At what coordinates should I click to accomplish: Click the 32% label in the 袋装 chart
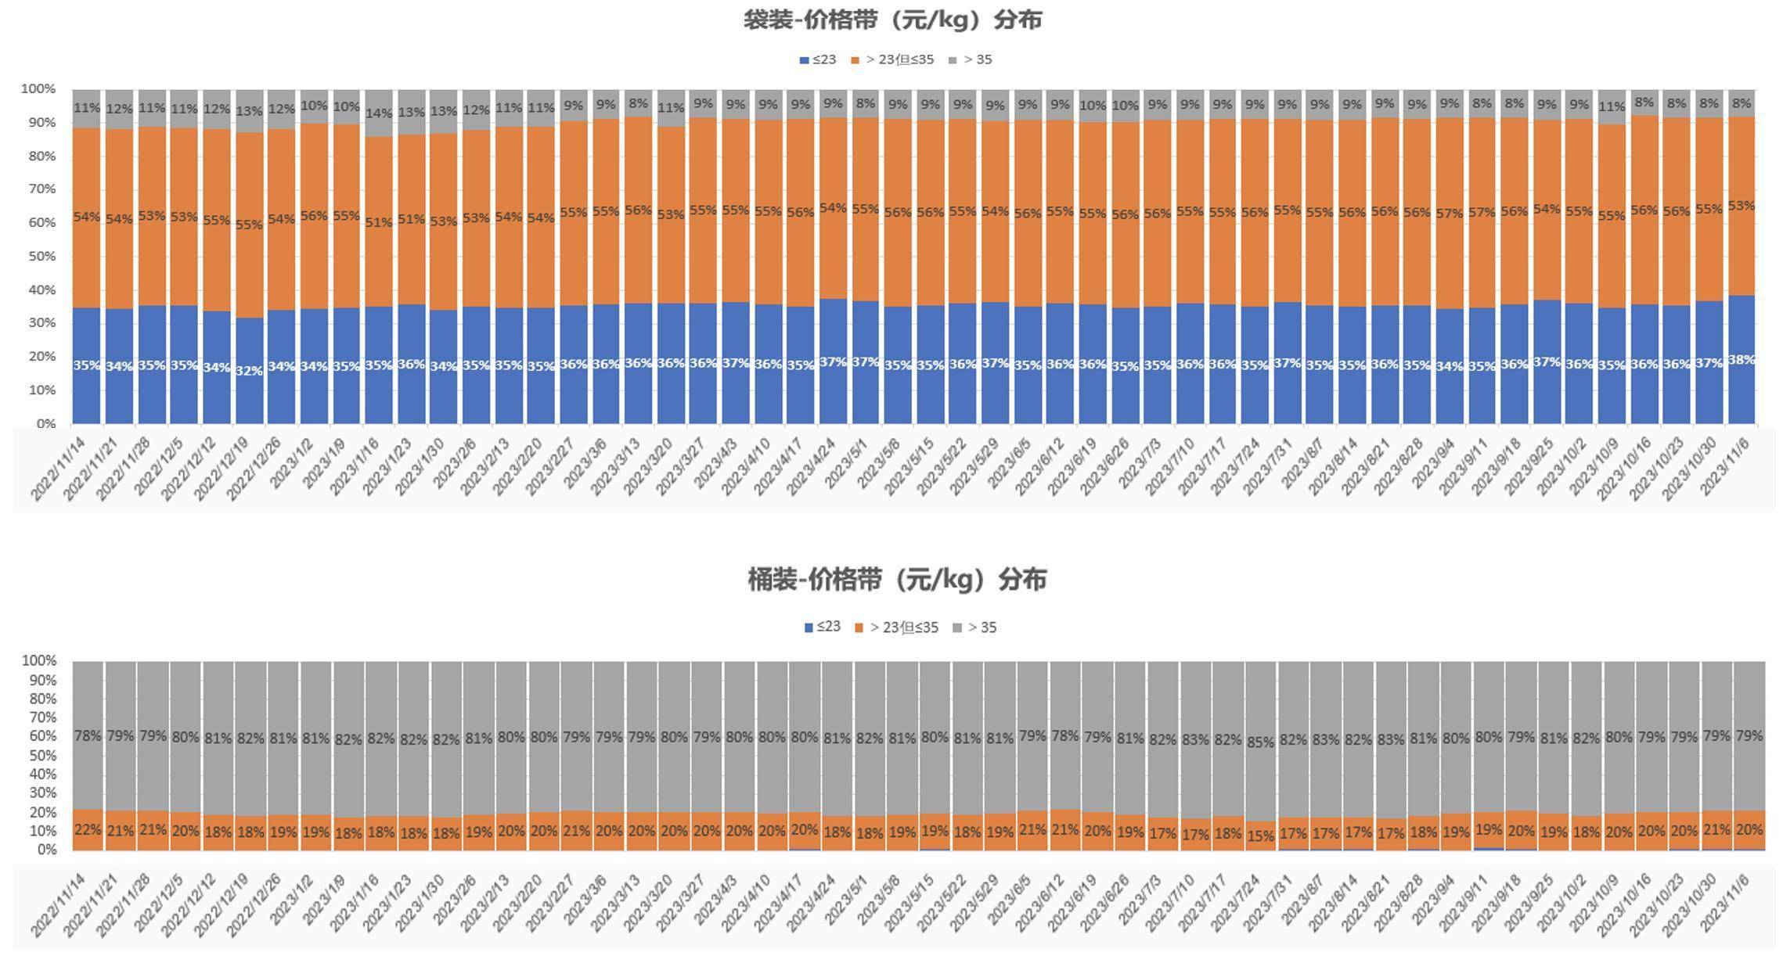[249, 370]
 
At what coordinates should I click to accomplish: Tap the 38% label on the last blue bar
[1741, 360]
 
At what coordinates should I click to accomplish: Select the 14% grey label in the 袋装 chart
[379, 113]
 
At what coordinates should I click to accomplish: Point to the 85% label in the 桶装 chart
[1260, 742]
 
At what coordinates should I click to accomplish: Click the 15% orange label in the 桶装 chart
[1260, 836]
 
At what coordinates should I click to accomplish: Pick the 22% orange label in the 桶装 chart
[88, 829]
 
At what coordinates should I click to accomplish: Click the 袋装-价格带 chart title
[892, 20]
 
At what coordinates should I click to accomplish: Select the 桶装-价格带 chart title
[897, 580]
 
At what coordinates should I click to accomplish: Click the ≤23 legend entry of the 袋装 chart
[818, 59]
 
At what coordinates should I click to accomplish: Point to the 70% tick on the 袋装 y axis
[38, 189]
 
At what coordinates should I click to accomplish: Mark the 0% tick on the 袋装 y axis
[44, 423]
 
